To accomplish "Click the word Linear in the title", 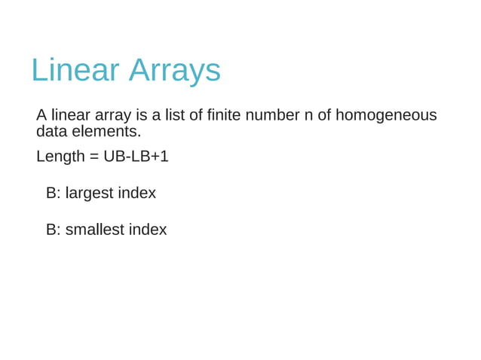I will [75, 70].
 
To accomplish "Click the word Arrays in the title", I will [174, 70].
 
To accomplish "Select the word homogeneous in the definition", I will [386, 115].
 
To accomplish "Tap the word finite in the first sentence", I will [224, 115].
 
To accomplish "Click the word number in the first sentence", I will [272, 115].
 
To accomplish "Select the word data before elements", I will [52, 132].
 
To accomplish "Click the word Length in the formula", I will [60, 157].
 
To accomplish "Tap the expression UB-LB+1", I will [136, 157].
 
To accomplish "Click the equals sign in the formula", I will [94, 157].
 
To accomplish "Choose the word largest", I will [90, 194].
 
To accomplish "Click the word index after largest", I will [137, 194].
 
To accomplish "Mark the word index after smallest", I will [148, 230].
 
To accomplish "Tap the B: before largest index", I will [53, 194].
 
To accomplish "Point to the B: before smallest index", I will [53, 230].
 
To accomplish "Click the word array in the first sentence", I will [114, 115].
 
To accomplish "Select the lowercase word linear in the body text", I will [71, 115].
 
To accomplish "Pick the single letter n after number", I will [308, 115].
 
